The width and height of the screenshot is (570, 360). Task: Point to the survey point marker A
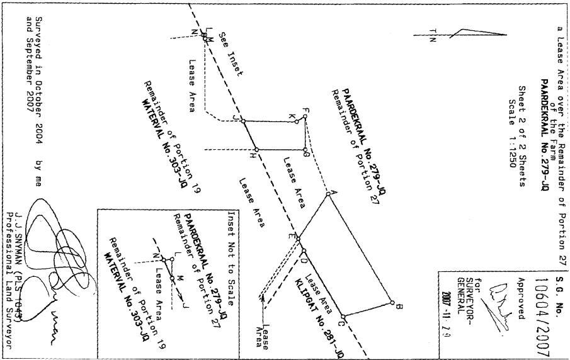328,194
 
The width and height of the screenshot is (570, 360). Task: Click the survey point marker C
343,317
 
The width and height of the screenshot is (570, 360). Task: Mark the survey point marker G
305,150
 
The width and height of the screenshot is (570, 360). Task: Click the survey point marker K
297,121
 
